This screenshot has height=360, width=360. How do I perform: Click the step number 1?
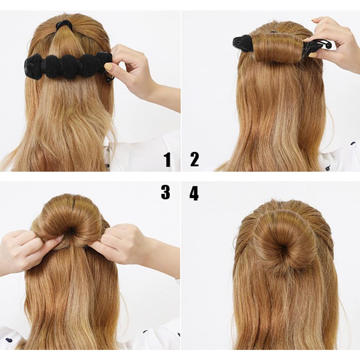pyautogui.click(x=167, y=160)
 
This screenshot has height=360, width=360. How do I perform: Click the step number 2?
pyautogui.click(x=194, y=159)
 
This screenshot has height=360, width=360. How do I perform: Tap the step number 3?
pyautogui.click(x=166, y=192)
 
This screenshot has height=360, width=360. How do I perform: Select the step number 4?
pyautogui.click(x=194, y=193)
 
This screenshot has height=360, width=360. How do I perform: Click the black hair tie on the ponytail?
pyautogui.click(x=64, y=25)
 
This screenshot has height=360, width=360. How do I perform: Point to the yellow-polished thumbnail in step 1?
pyautogui.click(x=108, y=67)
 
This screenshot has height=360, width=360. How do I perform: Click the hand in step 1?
pyautogui.click(x=127, y=66)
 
